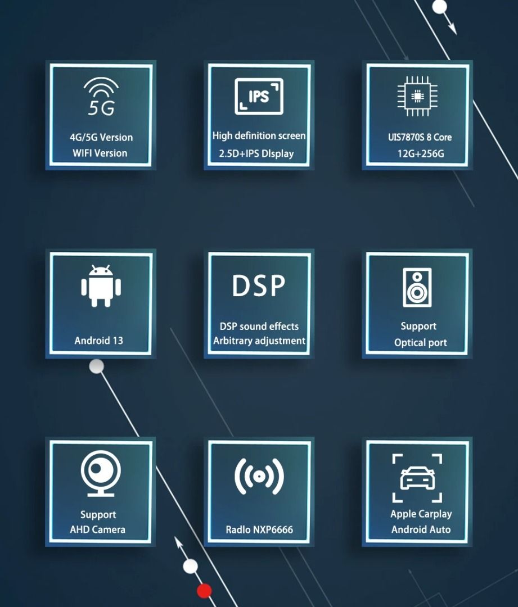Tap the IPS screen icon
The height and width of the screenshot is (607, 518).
click(259, 97)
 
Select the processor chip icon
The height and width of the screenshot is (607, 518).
click(417, 97)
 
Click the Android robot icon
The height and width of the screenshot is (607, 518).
click(101, 286)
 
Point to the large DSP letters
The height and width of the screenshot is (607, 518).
click(259, 286)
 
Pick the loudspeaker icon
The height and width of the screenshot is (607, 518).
click(417, 287)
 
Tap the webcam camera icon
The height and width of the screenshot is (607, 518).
click(101, 473)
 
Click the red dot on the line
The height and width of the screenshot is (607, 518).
click(204, 591)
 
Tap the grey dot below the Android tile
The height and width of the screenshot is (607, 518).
click(97, 367)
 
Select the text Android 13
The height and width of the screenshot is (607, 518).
click(98, 341)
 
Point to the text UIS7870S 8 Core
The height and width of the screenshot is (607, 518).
click(420, 137)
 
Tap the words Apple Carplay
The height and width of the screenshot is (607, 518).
click(421, 514)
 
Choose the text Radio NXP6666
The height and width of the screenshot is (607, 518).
click(259, 529)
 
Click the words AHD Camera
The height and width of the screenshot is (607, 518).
click(97, 529)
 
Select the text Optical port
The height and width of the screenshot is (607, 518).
click(421, 343)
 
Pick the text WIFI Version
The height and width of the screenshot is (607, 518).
click(100, 153)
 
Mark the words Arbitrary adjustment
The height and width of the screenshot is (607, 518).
click(259, 341)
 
